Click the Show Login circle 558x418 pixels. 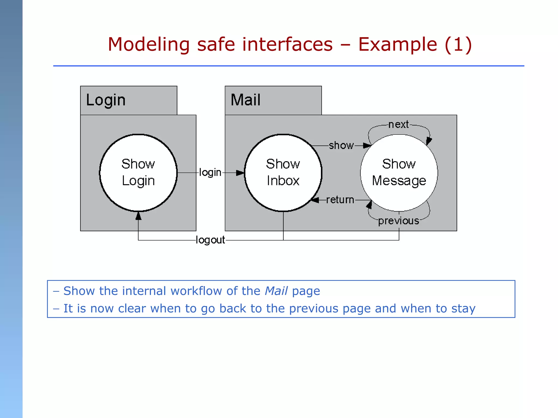pos(138,173)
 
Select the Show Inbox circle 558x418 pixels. pos(283,173)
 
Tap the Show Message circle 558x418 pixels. pos(399,173)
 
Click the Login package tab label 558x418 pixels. pos(106,100)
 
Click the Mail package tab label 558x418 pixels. pos(245,100)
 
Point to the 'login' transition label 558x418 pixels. pos(210,173)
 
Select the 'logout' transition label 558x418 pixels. pos(210,240)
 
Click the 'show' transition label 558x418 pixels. pos(341,146)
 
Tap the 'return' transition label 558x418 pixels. pos(340,200)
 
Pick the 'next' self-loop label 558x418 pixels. pos(398,125)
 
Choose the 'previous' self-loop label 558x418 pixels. pos(398,221)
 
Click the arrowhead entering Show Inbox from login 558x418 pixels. pos(240,173)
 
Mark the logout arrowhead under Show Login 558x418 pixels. pos(138,216)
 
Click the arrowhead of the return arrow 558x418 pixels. pos(315,200)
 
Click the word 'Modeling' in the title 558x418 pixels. pos(149,44)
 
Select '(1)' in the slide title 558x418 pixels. pos(458,44)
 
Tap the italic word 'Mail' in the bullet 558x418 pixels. pos(276,291)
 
